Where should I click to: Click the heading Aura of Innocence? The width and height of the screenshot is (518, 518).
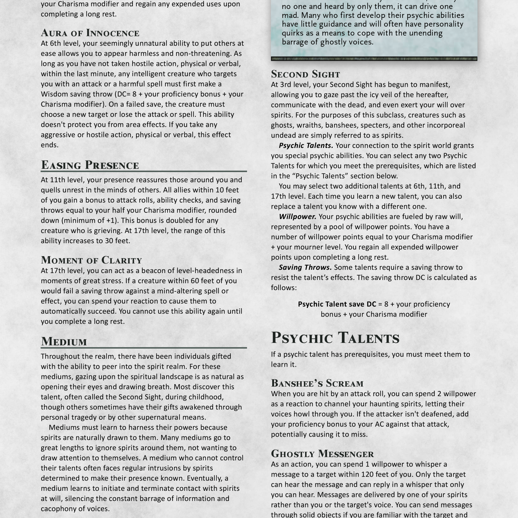tap(90, 33)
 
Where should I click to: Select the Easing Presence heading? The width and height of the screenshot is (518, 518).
tap(90, 165)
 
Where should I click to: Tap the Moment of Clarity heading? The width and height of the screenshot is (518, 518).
tap(91, 260)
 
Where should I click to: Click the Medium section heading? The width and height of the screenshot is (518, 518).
tap(64, 341)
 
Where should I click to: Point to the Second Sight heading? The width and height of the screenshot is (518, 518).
tap(305, 74)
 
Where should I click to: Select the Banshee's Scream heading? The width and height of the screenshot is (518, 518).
tap(317, 383)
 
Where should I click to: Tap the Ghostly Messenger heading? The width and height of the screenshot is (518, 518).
tap(322, 454)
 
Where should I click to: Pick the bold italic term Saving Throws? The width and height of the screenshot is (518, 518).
tap(305, 267)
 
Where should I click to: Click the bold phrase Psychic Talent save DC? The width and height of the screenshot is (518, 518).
tap(337, 304)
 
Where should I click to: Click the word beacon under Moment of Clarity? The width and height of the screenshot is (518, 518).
tap(151, 271)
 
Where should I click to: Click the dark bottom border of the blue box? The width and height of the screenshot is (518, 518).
tap(374, 59)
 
